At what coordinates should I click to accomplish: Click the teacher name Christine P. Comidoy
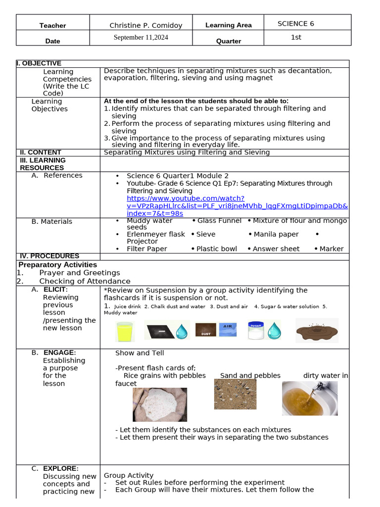(145, 25)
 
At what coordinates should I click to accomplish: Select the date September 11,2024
(141, 38)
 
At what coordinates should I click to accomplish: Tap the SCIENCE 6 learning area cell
(295, 23)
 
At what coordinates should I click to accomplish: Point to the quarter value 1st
(296, 37)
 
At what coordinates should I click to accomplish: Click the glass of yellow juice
(125, 331)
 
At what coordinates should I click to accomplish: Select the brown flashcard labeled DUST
(206, 330)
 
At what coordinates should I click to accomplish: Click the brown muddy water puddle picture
(317, 330)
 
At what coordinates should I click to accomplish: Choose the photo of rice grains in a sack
(160, 404)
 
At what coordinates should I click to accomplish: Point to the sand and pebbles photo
(235, 394)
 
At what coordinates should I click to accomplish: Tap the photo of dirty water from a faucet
(309, 398)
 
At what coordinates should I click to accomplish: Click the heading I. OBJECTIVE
(39, 63)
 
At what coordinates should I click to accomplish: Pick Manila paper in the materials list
(276, 234)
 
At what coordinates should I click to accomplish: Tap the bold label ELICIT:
(55, 290)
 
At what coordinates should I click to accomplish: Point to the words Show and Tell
(140, 353)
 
